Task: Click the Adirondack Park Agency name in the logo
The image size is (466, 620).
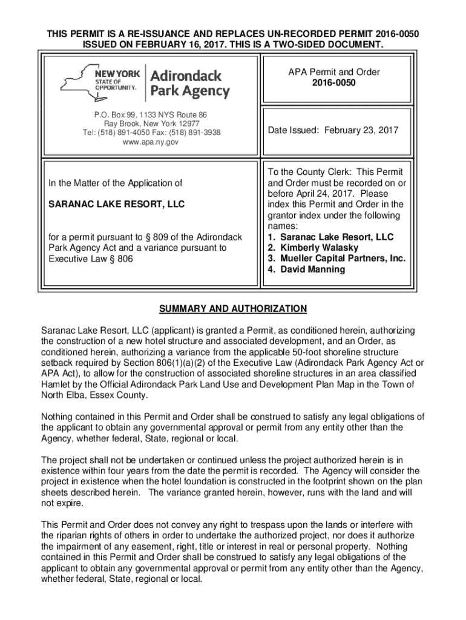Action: pos(189,84)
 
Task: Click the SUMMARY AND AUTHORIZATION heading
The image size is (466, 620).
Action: pos(232,309)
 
